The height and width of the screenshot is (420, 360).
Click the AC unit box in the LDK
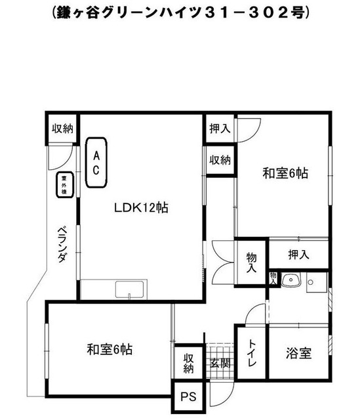[x=96, y=163]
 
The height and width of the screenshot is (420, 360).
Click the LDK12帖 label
[x=140, y=208]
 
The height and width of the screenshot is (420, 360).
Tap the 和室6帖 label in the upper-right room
[x=285, y=173]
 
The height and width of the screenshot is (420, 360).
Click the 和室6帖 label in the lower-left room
[x=109, y=348]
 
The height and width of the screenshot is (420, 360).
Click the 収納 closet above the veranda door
[x=62, y=129]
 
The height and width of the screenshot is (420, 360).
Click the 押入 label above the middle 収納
[x=220, y=129]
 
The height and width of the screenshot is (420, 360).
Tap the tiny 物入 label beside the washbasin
[x=273, y=278]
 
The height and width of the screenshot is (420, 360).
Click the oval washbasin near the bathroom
[x=292, y=281]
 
